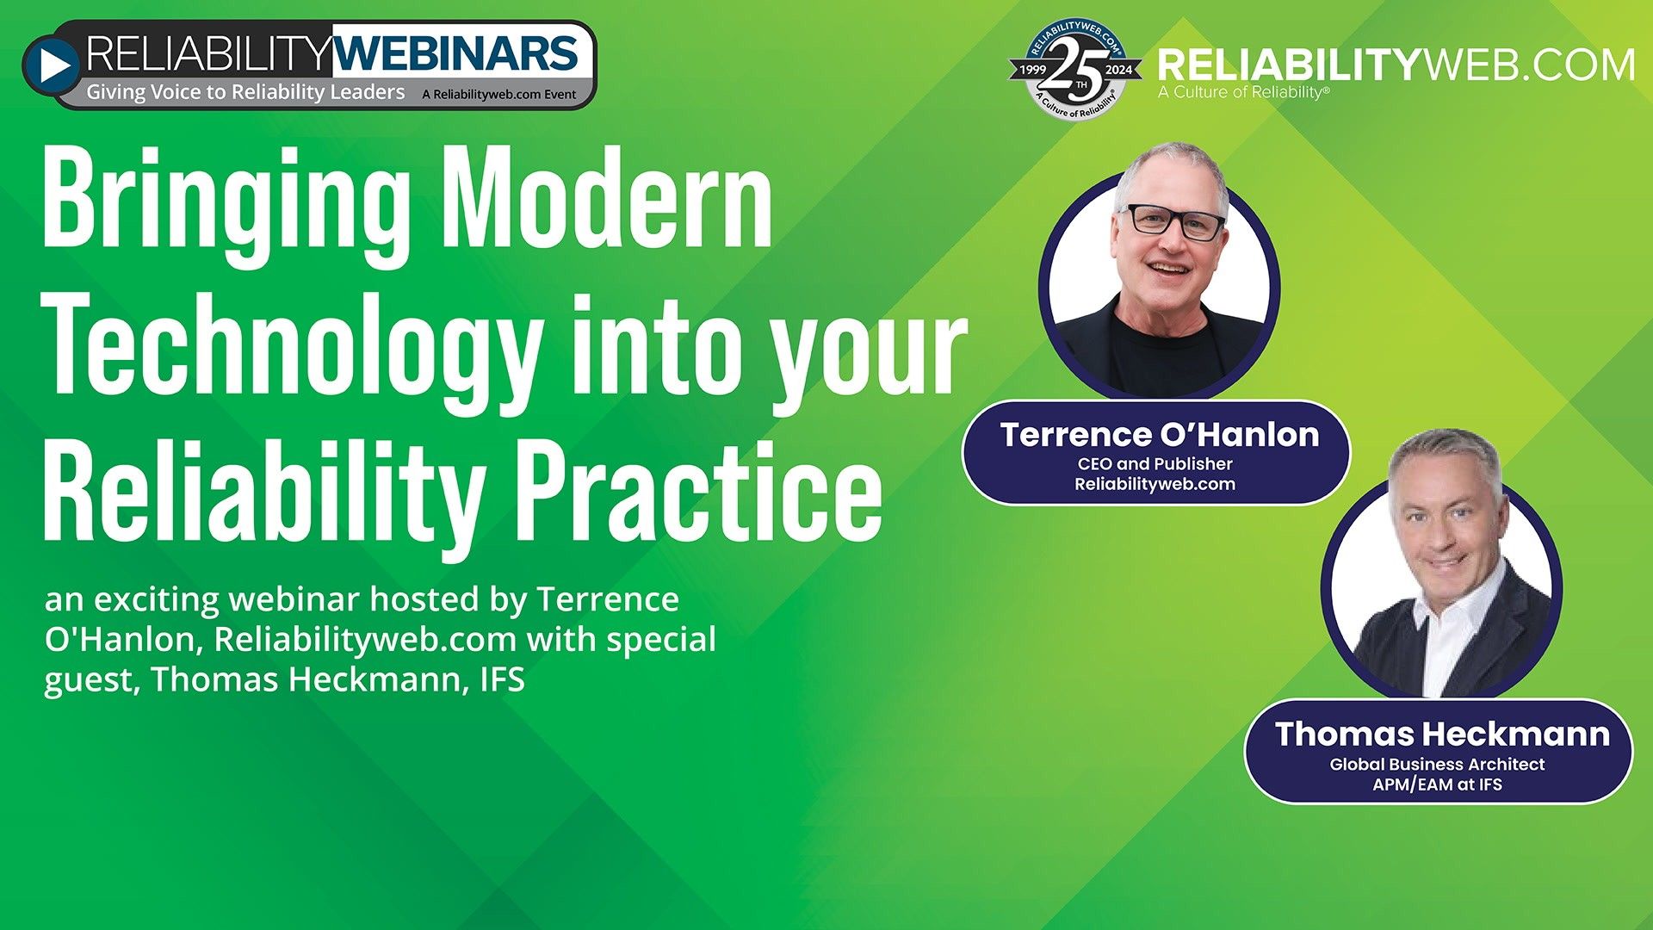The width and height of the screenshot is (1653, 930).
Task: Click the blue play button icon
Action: coord(52,65)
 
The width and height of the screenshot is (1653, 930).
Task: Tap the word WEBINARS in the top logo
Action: coord(455,53)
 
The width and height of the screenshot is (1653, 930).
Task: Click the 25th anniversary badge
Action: coord(1075,69)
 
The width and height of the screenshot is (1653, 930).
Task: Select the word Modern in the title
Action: coord(611,200)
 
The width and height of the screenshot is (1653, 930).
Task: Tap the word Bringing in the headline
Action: coord(226,200)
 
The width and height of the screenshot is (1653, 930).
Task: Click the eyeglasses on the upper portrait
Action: coord(1176,221)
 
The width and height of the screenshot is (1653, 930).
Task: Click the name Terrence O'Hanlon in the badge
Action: coord(1159,435)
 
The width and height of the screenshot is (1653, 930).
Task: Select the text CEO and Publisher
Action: coord(1155,463)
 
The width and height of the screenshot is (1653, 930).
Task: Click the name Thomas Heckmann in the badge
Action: coord(1442,734)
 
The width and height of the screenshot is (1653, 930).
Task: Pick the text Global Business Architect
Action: coord(1436,764)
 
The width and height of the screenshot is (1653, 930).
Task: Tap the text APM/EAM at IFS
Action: coord(1436,784)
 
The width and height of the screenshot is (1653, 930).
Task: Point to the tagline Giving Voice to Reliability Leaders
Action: coord(245,92)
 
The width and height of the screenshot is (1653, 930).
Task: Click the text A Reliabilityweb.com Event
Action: coord(498,95)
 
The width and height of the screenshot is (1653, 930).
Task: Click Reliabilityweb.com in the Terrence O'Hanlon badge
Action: coord(1155,484)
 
